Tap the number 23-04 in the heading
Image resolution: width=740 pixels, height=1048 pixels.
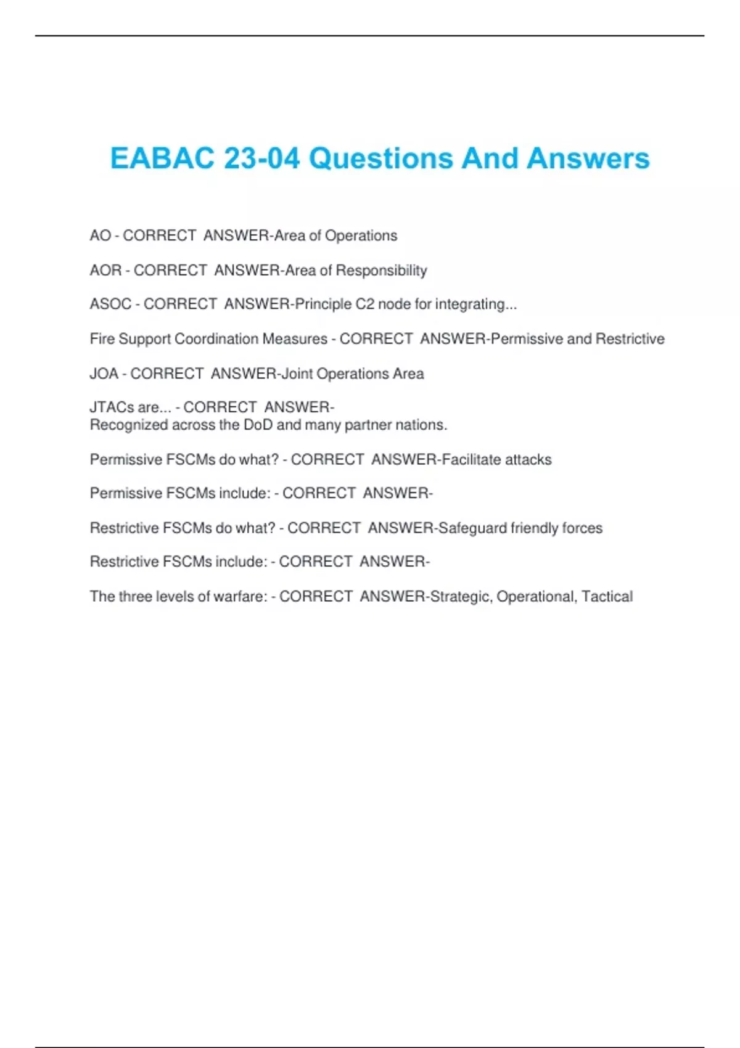[261, 158]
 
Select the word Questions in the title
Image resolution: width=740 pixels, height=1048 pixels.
[382, 158]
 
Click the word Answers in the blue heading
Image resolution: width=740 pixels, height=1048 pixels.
[588, 158]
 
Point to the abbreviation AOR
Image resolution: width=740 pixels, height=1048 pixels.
[105, 271]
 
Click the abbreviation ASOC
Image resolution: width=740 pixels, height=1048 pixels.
[110, 305]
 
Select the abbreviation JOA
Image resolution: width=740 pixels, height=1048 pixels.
[104, 374]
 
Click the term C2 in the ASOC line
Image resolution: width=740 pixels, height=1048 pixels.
[364, 305]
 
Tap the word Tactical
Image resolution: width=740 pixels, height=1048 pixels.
[607, 597]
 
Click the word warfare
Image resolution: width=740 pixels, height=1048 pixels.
[240, 597]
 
